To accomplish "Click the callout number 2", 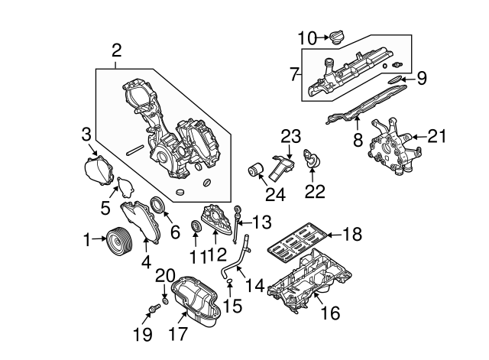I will (116, 51).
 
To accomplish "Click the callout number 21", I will (436, 137).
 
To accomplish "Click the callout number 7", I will (295, 75).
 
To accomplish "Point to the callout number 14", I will (255, 287).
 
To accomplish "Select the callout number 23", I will (290, 137).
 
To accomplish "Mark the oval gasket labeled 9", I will (394, 78).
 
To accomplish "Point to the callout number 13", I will (261, 222).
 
